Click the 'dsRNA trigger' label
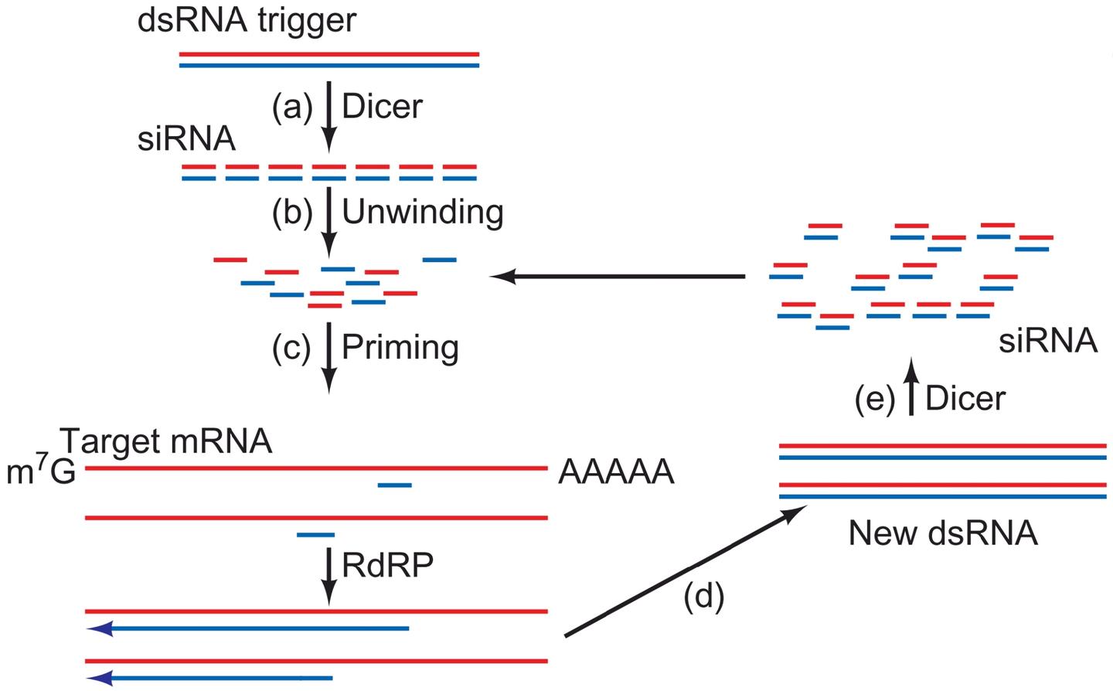click(247, 20)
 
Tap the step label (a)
click(291, 107)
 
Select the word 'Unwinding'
click(422, 212)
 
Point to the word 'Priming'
click(400, 347)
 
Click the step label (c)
click(291, 347)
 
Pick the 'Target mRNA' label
click(166, 441)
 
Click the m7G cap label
click(41, 471)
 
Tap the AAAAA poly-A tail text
click(616, 471)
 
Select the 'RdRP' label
click(387, 566)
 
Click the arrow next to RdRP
click(329, 576)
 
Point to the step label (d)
click(703, 596)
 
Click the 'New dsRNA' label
click(942, 533)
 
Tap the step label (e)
click(875, 399)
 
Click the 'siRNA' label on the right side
click(1047, 340)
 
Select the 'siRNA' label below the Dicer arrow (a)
click(186, 139)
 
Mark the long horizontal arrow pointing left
click(618, 277)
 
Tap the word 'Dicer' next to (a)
click(382, 107)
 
